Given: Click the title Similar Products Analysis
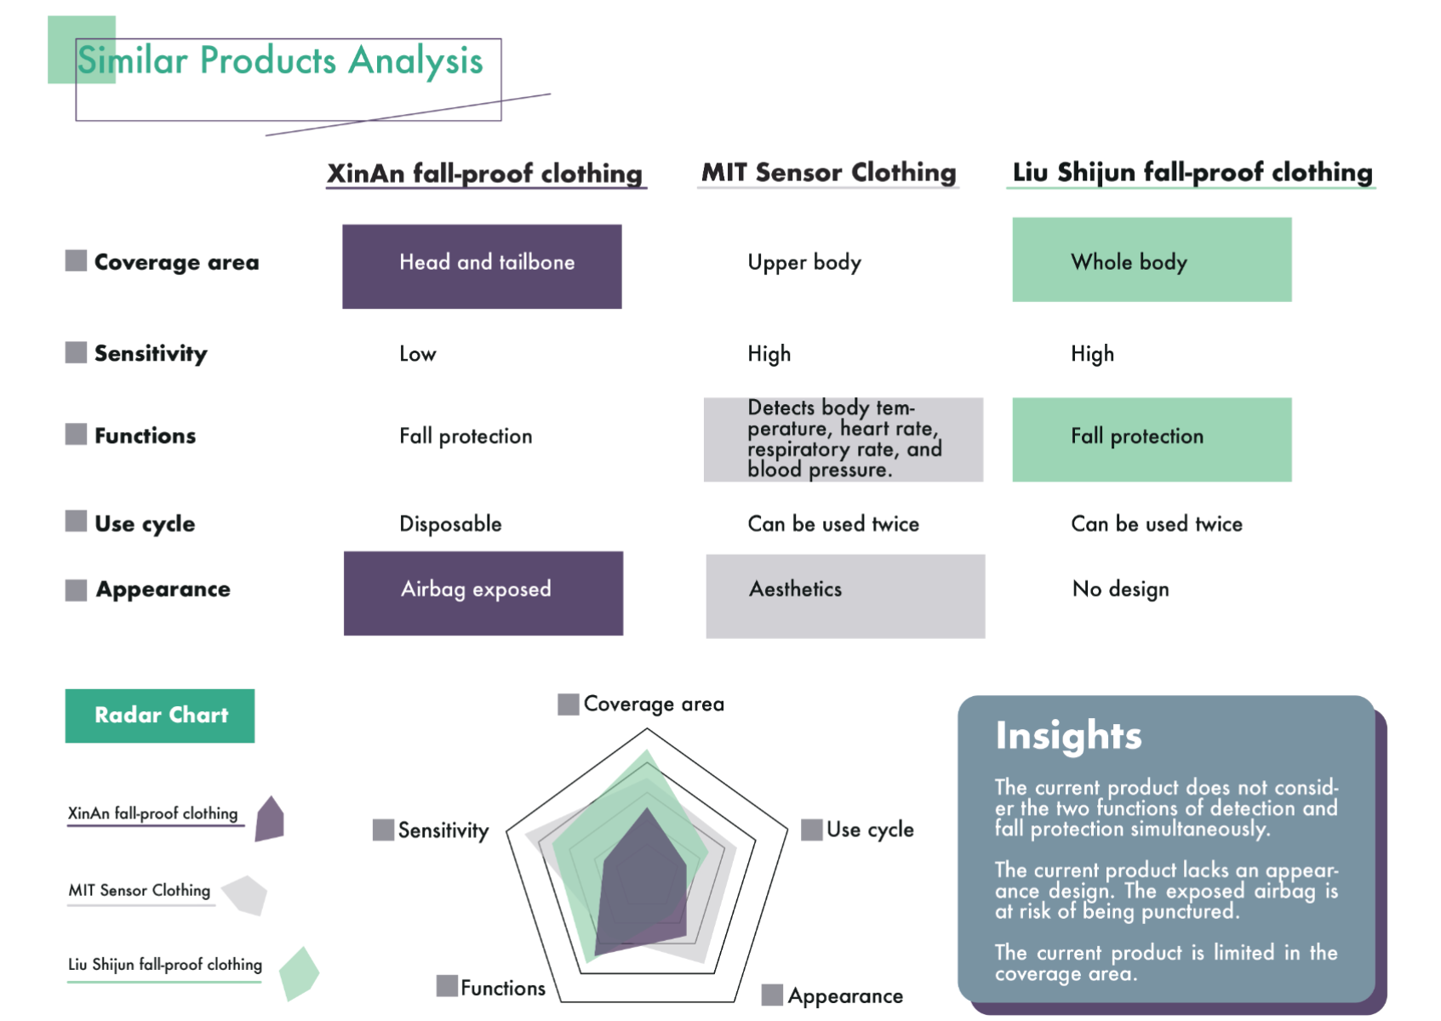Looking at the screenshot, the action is tap(280, 61).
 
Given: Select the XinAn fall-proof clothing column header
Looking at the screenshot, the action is tap(485, 174).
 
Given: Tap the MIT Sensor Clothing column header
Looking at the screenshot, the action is tap(828, 173).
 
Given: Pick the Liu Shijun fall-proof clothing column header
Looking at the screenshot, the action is tap(1192, 173).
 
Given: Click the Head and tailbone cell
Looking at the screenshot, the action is tap(482, 266).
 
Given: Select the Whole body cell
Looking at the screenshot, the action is tap(1152, 260).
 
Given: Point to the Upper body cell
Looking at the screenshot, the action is tap(804, 262).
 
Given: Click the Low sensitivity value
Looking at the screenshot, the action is tap(418, 354).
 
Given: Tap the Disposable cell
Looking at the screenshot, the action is tap(450, 524).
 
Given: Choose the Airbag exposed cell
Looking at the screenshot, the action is tap(483, 593).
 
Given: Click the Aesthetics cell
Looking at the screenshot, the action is tap(845, 596).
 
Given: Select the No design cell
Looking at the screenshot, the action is tap(1121, 589).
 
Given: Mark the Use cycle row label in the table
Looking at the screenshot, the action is tap(145, 523).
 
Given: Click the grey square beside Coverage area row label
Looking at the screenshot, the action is tap(76, 260).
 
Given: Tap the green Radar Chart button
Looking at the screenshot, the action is tap(159, 716).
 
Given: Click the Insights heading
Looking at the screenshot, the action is tap(1068, 735).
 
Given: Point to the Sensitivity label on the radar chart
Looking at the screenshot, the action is tap(443, 830).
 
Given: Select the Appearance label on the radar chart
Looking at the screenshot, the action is tap(845, 996).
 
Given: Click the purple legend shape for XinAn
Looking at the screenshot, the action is tap(270, 819).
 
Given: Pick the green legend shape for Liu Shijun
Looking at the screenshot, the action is tap(299, 973).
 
